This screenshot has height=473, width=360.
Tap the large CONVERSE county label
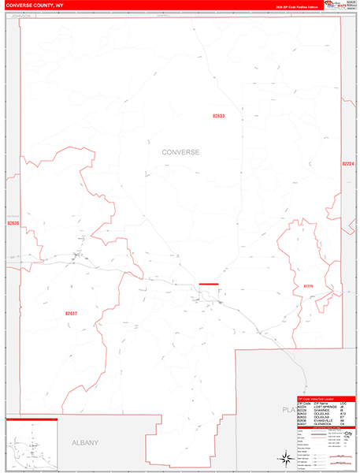click(180, 151)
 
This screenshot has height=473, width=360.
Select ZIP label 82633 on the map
click(218, 116)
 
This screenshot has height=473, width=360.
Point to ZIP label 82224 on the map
click(348, 163)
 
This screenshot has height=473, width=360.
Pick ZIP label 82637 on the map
click(72, 314)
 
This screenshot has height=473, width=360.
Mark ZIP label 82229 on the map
click(308, 285)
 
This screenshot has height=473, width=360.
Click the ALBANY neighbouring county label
click(83, 443)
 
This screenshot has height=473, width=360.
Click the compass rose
click(284, 458)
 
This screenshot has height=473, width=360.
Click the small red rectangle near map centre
click(208, 283)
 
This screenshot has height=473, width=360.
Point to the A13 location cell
click(343, 412)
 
